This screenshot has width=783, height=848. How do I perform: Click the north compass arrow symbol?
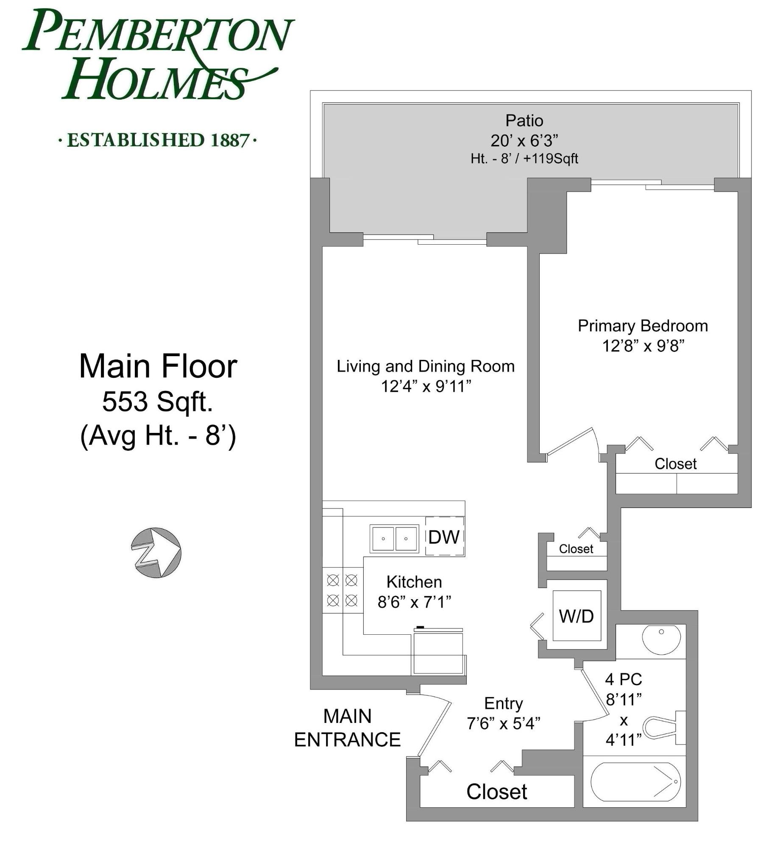[156, 552]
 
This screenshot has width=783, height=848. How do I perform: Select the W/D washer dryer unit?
[577, 616]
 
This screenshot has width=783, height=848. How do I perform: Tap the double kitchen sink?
[394, 538]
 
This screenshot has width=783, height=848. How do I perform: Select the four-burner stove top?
[343, 590]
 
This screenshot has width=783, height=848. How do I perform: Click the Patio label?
[524, 121]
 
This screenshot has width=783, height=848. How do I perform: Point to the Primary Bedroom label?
[643, 326]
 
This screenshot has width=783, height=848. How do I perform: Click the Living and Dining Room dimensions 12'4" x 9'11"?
[426, 386]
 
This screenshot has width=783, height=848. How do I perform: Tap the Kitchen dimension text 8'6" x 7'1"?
[414, 602]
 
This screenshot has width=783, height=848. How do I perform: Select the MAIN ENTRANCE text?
[347, 728]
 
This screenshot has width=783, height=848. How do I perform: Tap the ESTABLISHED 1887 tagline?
[158, 140]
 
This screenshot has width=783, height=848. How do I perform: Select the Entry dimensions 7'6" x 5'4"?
[504, 723]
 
